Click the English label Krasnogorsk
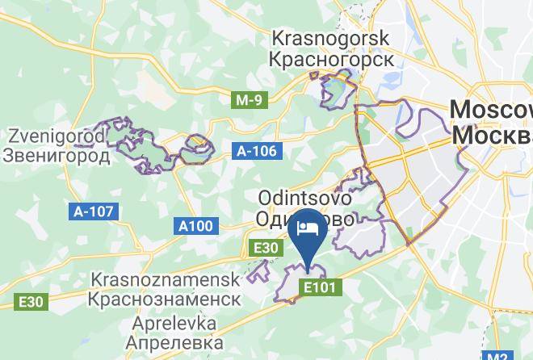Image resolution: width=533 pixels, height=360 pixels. pos(331,38)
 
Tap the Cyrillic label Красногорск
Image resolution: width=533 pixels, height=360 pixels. pos(331,59)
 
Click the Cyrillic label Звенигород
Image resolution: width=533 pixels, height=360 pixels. pos(56,155)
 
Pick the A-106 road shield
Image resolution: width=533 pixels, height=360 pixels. pos(257,151)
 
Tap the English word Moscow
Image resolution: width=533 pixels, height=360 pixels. pos(489,111)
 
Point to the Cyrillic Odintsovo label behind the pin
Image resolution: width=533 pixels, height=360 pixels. pos(275,219)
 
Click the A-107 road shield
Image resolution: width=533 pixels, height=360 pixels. pos(95,211)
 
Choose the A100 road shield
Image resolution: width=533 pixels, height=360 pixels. pos(195,227)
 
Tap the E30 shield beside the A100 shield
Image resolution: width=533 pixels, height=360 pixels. pos(264,248)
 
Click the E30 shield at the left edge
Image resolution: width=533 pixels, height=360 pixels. pos(31,302)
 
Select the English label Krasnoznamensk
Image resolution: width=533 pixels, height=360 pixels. pos(166,279)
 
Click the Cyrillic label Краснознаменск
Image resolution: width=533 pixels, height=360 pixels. pos(166,299)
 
